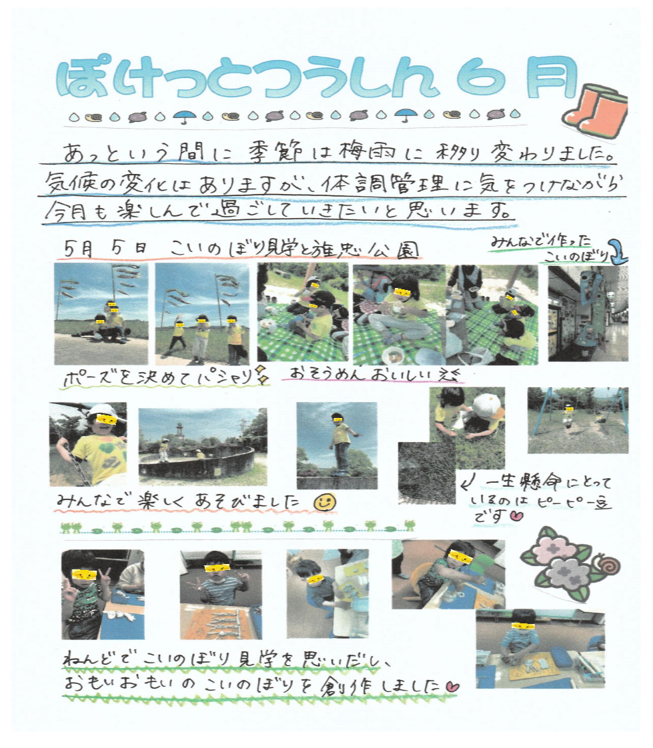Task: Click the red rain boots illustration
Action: (x=596, y=112)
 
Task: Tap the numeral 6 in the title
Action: (x=480, y=78)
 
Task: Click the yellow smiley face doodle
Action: (x=325, y=502)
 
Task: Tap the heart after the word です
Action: (x=516, y=516)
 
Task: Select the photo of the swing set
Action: (x=578, y=420)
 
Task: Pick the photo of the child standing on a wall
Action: (x=337, y=445)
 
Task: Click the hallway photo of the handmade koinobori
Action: (x=588, y=313)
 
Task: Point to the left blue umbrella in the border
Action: (x=185, y=116)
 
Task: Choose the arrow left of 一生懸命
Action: (x=468, y=485)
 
